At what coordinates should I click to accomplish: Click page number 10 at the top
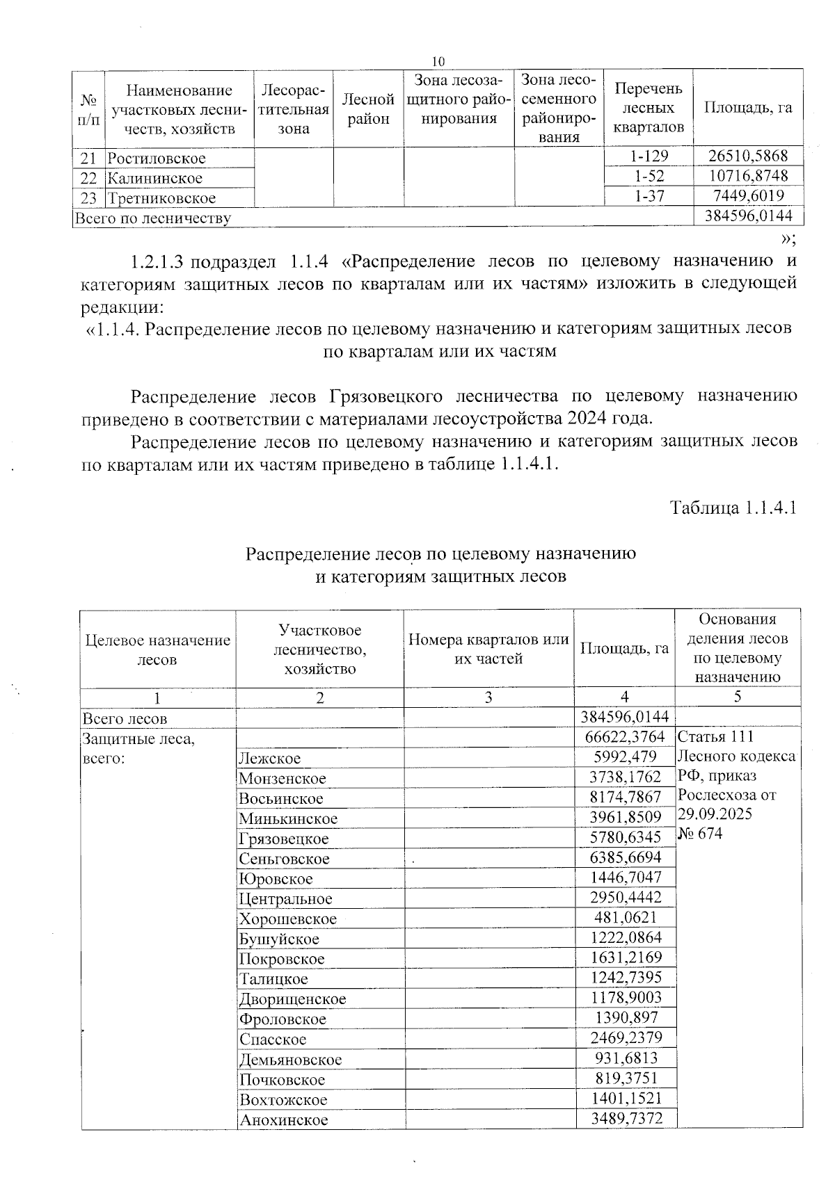(438, 60)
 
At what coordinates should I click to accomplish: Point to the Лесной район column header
(367, 109)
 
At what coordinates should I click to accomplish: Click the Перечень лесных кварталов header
(649, 108)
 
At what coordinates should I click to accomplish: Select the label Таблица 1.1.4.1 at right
(732, 508)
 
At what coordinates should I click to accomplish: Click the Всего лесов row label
(125, 718)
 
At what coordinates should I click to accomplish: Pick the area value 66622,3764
(624, 737)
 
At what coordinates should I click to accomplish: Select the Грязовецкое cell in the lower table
(283, 839)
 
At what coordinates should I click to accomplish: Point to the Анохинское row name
(283, 1120)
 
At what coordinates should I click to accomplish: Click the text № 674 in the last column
(700, 834)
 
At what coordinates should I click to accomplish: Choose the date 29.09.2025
(714, 814)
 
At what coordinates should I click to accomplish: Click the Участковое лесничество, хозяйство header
(319, 649)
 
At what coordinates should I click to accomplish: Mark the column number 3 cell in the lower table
(488, 697)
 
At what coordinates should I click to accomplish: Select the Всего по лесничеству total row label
(152, 218)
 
